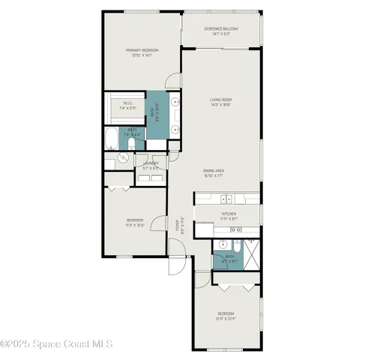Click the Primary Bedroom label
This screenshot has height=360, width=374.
[x=142, y=52]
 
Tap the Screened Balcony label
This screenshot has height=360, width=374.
[x=222, y=31]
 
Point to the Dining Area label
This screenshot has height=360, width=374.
[x=214, y=173]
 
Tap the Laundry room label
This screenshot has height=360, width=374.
[x=152, y=166]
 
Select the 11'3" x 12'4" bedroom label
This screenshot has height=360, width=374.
[x=135, y=222]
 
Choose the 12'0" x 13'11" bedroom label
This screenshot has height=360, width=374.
[x=227, y=316]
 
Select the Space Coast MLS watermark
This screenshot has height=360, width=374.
[x=56, y=344]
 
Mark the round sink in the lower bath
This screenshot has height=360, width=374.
[x=223, y=244]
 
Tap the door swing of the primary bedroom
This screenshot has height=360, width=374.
[x=172, y=81]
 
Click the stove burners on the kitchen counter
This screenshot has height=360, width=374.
[x=244, y=229]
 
